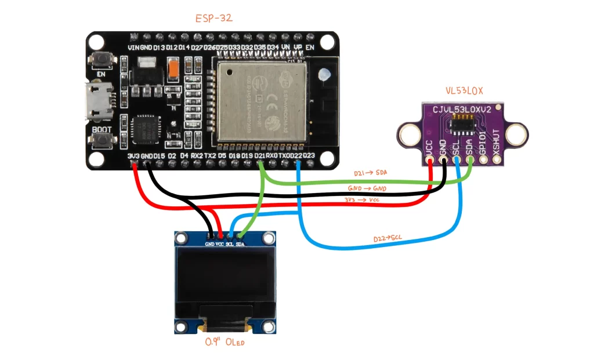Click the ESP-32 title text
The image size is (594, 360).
(214, 19)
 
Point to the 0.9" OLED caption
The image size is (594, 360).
(225, 342)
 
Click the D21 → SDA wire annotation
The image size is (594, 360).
(369, 173)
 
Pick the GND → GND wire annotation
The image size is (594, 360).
(367, 189)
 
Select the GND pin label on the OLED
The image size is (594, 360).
(209, 245)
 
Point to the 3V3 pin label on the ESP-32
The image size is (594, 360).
(133, 156)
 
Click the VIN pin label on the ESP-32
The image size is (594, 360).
(133, 47)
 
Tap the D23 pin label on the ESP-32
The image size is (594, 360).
(309, 156)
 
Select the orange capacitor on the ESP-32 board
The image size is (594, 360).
(172, 71)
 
